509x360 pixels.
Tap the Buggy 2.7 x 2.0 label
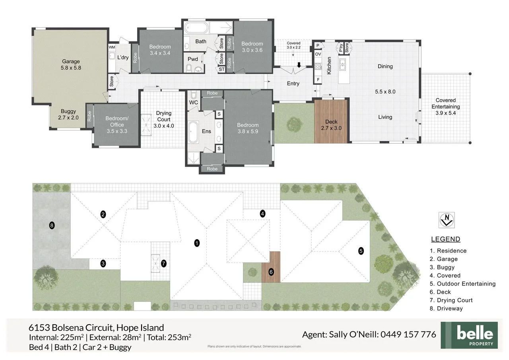tap(68, 114)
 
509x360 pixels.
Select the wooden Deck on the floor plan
tap(331, 121)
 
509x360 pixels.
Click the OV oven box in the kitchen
tap(318, 54)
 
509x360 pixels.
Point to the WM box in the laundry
tap(112, 47)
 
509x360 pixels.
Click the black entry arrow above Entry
tap(299, 65)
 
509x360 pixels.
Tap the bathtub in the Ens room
tap(193, 132)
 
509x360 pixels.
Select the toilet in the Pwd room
tap(188, 68)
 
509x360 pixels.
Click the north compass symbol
tap(447, 220)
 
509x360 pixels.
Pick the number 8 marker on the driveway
tap(52, 226)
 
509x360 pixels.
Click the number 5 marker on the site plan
tap(361, 251)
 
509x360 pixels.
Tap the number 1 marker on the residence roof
tap(197, 243)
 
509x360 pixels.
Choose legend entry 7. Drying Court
tap(451, 300)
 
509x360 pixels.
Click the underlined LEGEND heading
tap(446, 239)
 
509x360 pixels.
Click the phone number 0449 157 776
tap(408, 335)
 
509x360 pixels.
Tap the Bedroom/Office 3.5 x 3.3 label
tap(117, 125)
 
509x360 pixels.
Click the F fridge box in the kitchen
tap(318, 80)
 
